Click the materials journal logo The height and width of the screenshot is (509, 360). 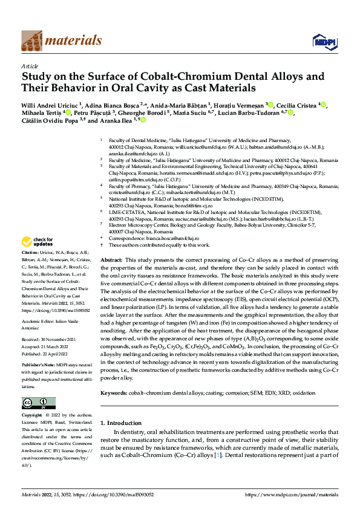[x=61, y=41]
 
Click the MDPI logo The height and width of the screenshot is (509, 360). [x=321, y=41]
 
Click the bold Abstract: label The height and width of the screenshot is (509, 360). [x=111, y=259]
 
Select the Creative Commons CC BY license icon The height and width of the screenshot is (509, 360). [x=39, y=403]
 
